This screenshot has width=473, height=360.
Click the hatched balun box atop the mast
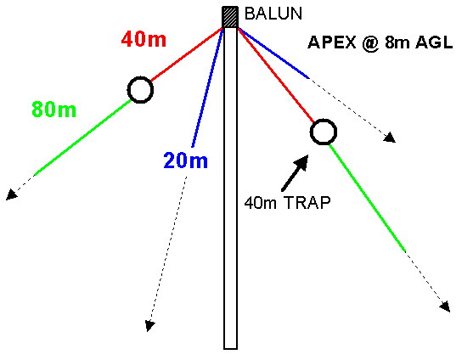230,17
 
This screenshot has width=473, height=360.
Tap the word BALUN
273,14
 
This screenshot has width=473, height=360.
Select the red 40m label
144,39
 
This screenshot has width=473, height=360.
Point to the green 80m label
54,110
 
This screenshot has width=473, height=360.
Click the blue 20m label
185,160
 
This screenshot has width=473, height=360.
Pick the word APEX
332,42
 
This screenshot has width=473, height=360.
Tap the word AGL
434,42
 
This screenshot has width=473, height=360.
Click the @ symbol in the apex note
371,43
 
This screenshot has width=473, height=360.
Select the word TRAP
307,202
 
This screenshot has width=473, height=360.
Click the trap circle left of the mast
140,77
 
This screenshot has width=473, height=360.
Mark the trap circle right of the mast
324,120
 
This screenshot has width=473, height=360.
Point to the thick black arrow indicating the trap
295,172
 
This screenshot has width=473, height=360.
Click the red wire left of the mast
187,54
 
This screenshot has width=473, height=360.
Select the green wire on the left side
82,138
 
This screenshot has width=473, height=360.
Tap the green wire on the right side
368,198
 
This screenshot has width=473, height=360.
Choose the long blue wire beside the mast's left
208,87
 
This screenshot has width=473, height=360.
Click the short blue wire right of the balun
273,53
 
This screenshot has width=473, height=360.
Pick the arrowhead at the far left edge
11,194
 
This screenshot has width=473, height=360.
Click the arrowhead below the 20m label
149,326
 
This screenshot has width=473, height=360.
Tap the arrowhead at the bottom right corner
445,307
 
